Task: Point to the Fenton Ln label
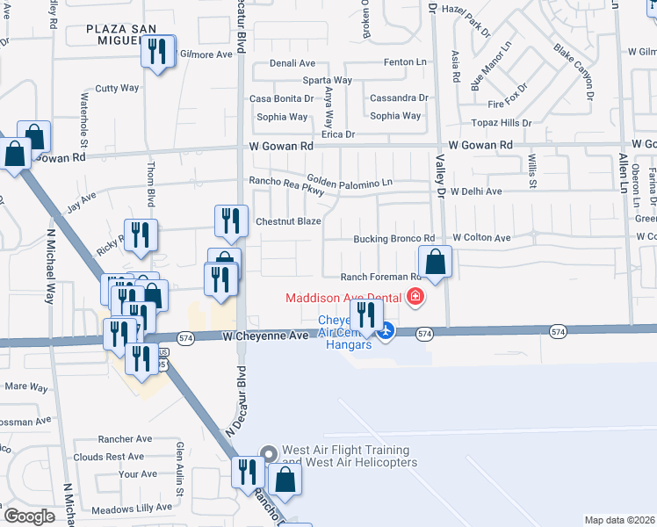point(405,63)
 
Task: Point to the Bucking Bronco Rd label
point(393,238)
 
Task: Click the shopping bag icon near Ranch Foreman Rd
point(435,262)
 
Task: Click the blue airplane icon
point(386,331)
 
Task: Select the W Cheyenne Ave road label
point(265,336)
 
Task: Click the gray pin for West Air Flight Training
point(269,453)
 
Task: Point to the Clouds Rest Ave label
point(109,457)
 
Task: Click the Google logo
point(29,516)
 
